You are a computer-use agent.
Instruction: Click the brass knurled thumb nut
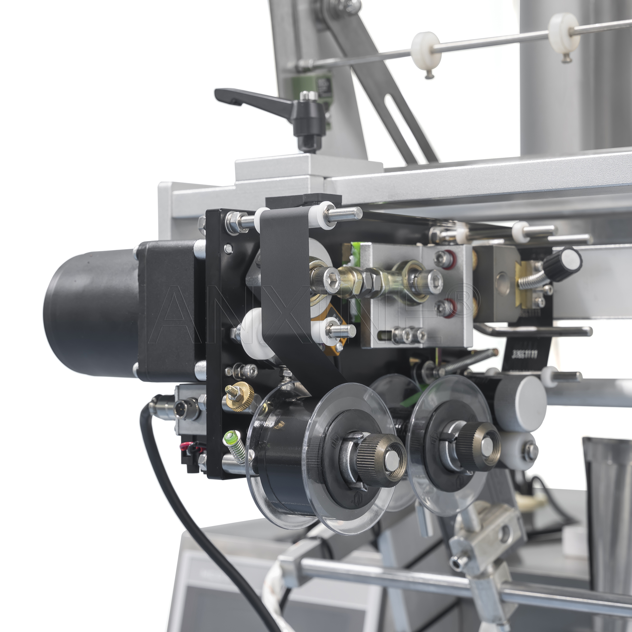[x=240, y=396]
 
